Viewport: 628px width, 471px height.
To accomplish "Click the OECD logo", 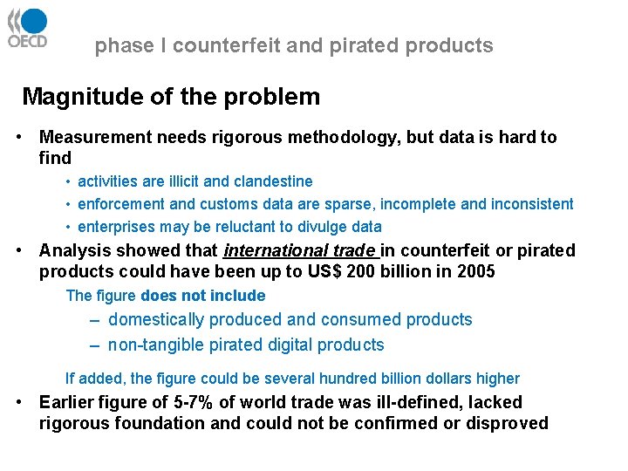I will tap(27, 28).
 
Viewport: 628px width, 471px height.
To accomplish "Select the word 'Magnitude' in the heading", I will tap(73, 97).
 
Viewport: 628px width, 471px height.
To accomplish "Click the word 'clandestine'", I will tap(271, 181).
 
